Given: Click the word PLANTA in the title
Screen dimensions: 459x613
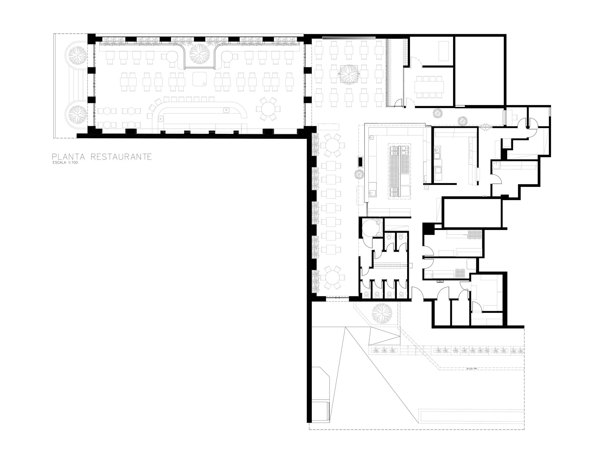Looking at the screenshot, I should (69, 157).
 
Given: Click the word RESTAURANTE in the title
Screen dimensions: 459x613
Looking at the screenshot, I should (121, 157).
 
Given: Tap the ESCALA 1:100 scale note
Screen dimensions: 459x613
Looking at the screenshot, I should (65, 163).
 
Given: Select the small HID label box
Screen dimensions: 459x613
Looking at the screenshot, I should (440, 281).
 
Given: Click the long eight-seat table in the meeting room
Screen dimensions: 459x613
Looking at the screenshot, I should (429, 87).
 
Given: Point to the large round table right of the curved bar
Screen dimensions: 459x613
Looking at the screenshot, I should (268, 109).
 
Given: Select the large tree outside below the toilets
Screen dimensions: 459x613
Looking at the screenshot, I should (382, 313).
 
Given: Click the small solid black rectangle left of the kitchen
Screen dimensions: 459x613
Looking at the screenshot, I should (361, 162).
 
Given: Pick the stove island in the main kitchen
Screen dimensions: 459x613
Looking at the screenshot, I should (399, 170).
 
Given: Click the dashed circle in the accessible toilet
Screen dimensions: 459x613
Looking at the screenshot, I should (371, 228).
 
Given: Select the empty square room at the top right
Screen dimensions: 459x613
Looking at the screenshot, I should (479, 71).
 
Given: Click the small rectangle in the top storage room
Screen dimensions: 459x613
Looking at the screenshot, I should (443, 51).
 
